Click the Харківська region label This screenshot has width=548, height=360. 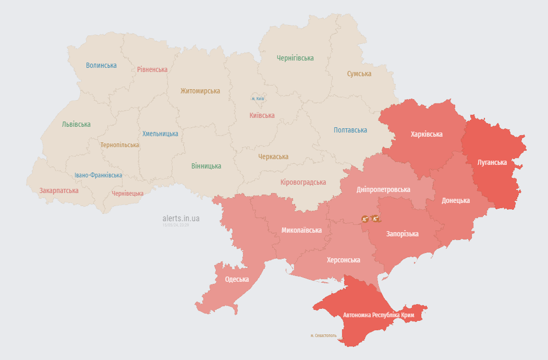click(x=427, y=134)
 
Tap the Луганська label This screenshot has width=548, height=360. click(x=492, y=162)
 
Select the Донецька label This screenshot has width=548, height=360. click(x=455, y=200)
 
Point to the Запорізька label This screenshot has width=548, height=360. click(x=402, y=234)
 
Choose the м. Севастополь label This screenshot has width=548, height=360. click(x=323, y=335)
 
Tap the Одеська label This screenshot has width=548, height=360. click(x=237, y=279)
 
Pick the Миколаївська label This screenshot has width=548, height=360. click(x=301, y=230)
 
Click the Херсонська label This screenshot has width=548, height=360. click(x=343, y=260)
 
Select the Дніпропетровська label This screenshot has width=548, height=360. click(x=383, y=190)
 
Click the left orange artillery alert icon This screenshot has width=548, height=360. click(x=365, y=219)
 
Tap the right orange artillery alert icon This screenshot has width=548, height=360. click(x=375, y=219)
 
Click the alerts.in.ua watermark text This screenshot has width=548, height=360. click(x=181, y=219)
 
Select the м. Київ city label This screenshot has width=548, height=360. click(x=258, y=98)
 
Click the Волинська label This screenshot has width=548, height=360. click(x=101, y=65)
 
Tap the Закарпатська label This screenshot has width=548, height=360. click(x=59, y=190)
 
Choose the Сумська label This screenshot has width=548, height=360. click(x=359, y=74)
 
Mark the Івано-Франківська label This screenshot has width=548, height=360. click(x=98, y=175)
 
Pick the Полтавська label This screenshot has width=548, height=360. click(x=350, y=130)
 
